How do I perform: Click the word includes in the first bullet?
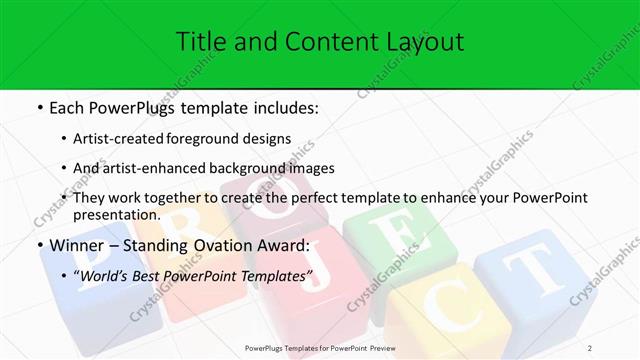point(281,106)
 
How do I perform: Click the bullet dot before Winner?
point(38,246)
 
